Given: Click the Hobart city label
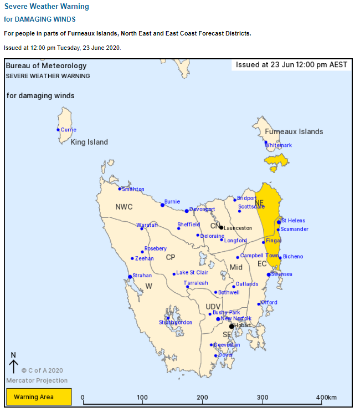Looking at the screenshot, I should point(243,325).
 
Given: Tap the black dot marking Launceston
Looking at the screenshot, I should point(221,227).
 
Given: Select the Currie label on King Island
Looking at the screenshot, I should point(69,130).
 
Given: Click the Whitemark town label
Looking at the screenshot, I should point(278,145).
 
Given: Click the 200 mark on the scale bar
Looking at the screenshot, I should point(203,398).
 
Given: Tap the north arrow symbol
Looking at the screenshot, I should point(14,363).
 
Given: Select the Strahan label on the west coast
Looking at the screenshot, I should point(142,276).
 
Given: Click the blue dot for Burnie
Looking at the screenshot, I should point(162,205).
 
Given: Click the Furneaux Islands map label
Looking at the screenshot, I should point(294,131).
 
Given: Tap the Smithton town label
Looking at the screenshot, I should point(133,189).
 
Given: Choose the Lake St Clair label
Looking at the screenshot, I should point(192,273).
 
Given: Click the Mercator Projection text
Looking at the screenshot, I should point(37,380).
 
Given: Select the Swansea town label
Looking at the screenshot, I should point(282,274).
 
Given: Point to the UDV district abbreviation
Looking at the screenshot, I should point(213,307).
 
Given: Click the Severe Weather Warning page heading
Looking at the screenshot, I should point(47,7).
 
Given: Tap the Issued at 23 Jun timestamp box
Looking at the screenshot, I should point(291,65).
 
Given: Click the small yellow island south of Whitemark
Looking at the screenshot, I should point(276,161).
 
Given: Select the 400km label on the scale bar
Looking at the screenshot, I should point(327,398).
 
